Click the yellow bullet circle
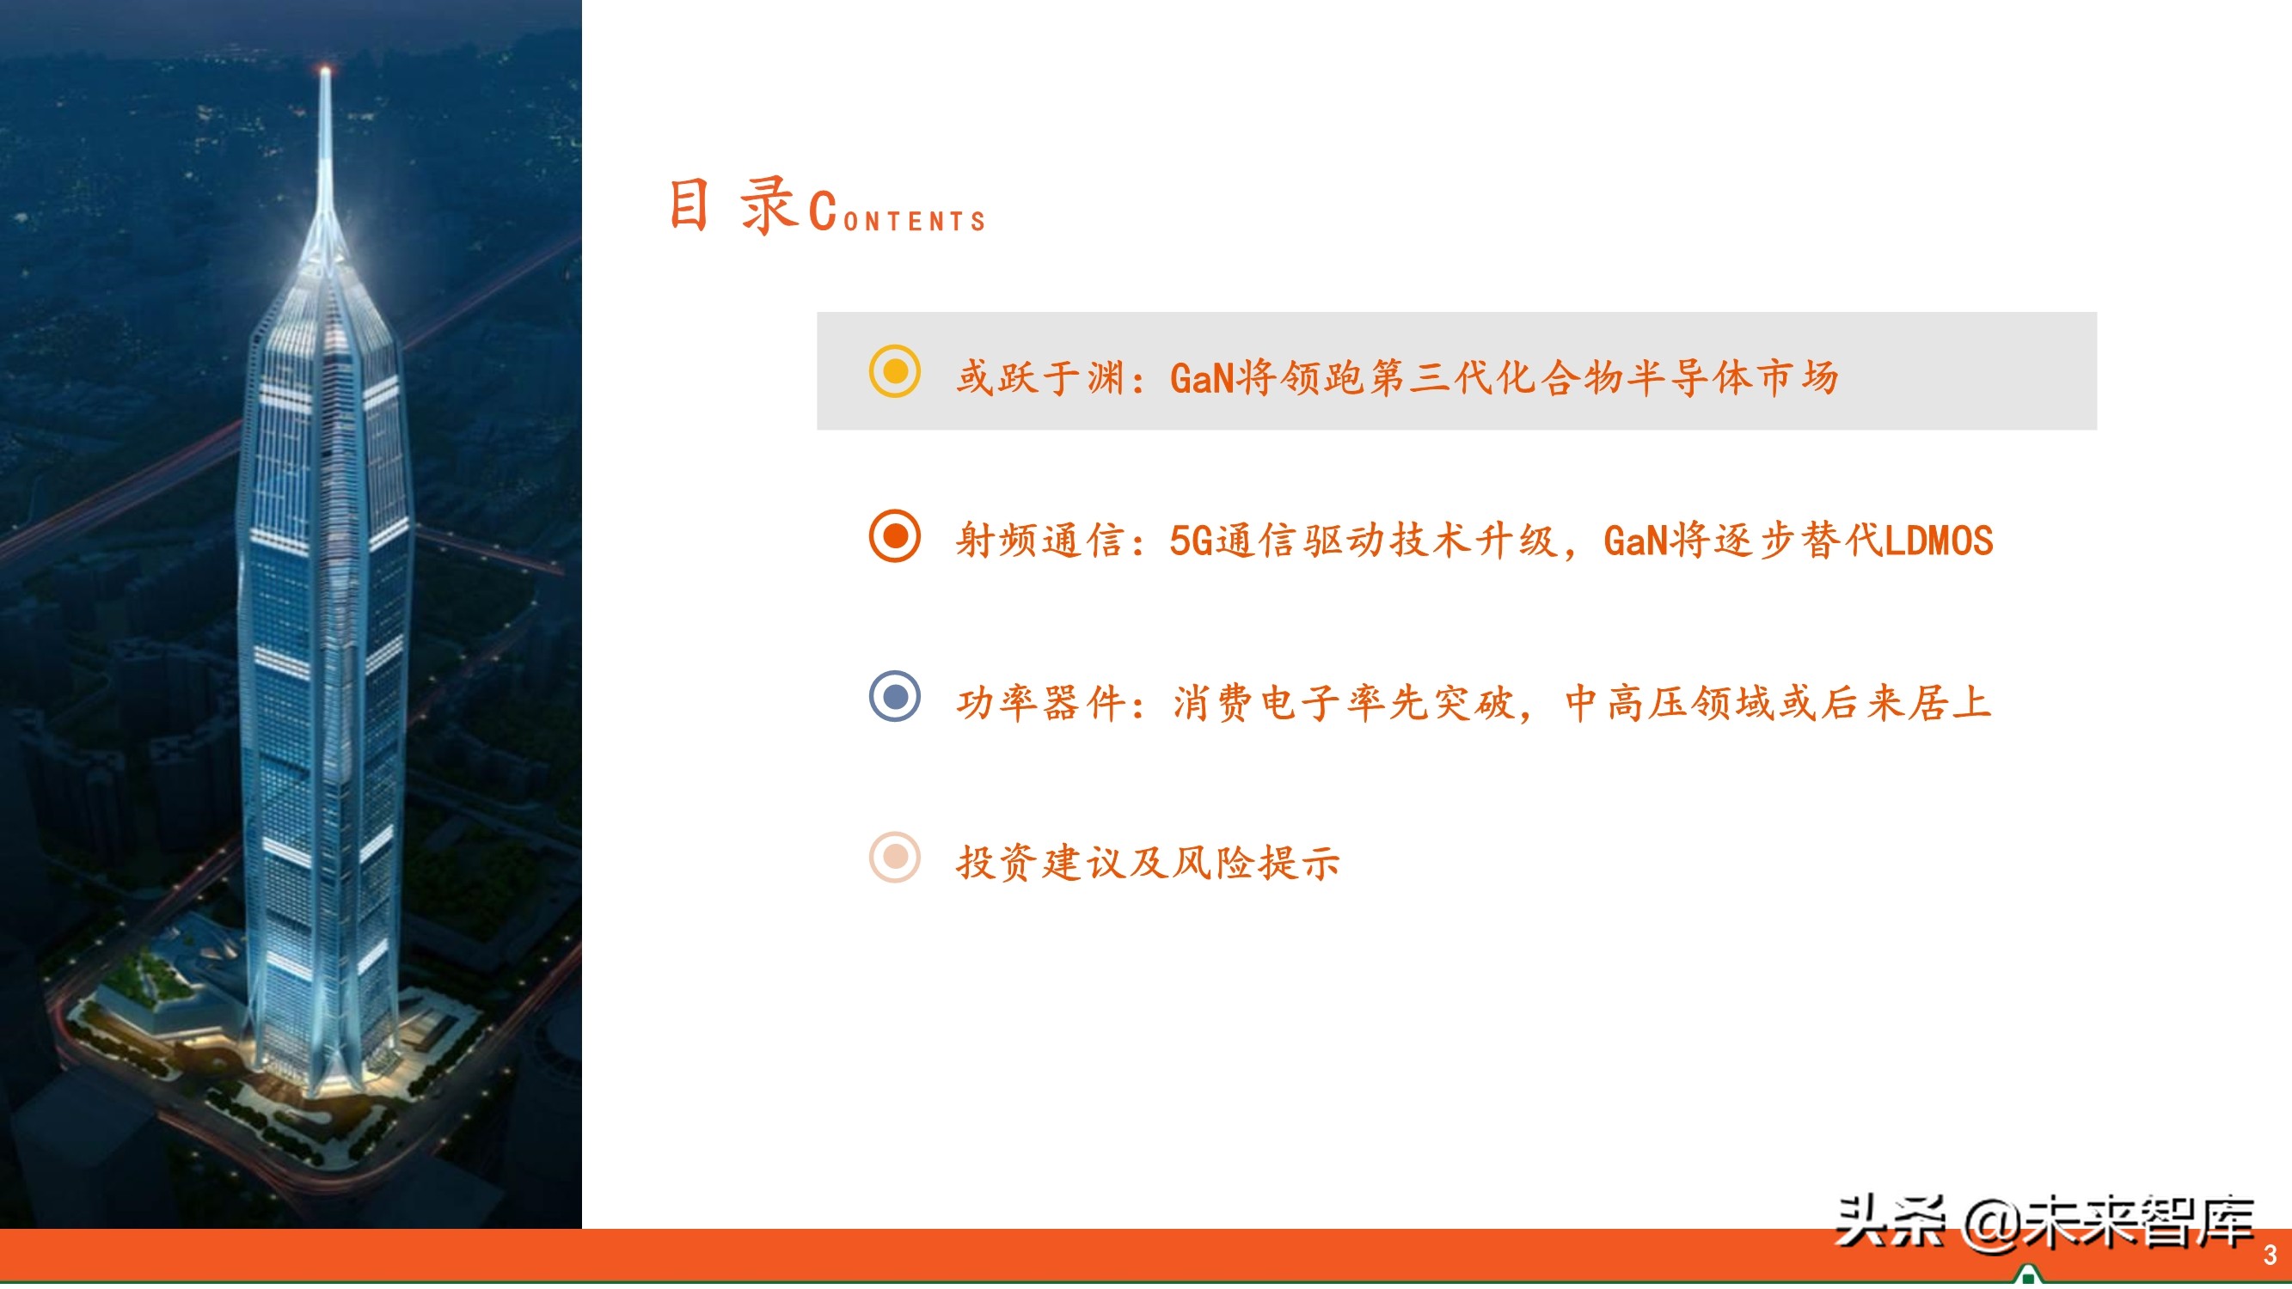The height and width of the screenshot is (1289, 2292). pos(894,371)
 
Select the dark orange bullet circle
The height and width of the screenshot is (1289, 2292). pos(894,535)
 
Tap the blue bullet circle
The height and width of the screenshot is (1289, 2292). pos(894,697)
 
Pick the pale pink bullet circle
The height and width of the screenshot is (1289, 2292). pos(894,858)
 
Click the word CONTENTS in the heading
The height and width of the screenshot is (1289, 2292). pos(898,214)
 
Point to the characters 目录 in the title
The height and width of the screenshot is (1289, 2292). pos(732,206)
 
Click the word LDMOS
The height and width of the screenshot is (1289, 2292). pos(1939,541)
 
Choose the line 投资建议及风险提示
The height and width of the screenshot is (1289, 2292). pos(1148,863)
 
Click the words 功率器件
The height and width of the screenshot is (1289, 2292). pos(1040,703)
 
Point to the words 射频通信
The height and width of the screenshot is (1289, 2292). pos(1040,541)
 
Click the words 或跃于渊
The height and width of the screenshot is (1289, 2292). pos(1040,378)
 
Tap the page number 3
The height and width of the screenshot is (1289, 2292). pos(2270,1255)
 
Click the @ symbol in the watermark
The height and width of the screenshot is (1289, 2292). pos(1992,1222)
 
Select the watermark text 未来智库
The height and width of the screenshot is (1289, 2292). pos(2140,1222)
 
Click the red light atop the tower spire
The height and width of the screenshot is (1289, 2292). pos(325,70)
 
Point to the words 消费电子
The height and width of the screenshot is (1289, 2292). pos(1258,703)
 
